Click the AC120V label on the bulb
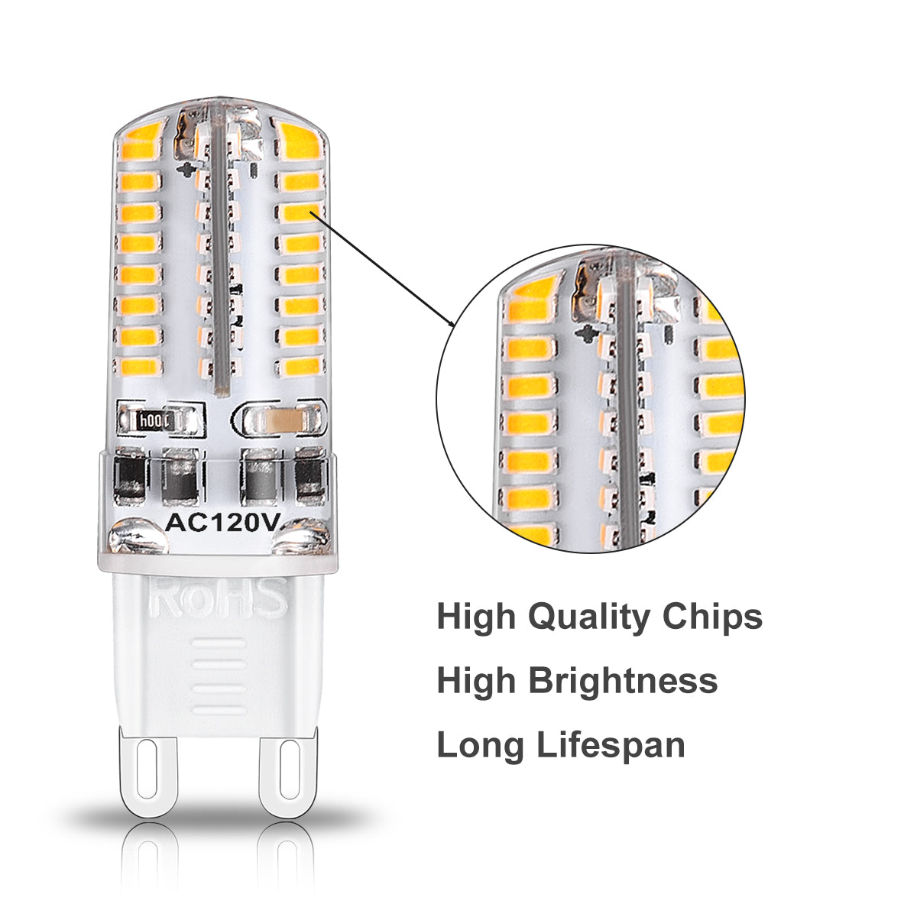[222, 524]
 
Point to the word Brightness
[623, 681]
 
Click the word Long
[481, 746]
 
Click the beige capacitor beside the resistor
[284, 420]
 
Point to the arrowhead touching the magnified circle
[451, 322]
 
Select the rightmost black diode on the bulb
[309, 476]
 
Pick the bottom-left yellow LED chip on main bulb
[138, 366]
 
